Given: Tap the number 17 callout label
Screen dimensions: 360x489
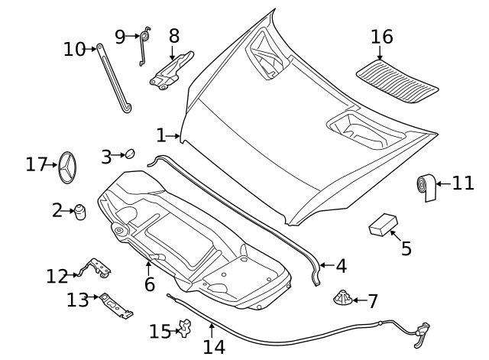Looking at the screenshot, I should (x=36, y=164).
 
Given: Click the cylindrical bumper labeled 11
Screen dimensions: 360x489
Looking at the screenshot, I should (x=425, y=186).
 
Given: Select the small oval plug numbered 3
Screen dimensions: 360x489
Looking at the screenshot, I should (x=129, y=154).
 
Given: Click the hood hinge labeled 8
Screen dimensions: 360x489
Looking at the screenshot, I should (x=172, y=70).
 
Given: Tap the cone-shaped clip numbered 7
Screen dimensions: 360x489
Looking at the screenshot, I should (x=342, y=297).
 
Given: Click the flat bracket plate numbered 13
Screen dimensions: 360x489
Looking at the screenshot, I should (x=117, y=306).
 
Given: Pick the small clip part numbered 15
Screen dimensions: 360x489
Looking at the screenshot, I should (x=183, y=329).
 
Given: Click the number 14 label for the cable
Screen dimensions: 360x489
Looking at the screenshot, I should (x=214, y=347).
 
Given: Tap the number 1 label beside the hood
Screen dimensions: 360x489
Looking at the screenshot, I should (x=160, y=136).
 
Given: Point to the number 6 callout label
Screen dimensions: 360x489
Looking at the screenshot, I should (x=150, y=284).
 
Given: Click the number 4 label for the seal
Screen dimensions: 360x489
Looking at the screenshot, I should (x=341, y=267).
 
